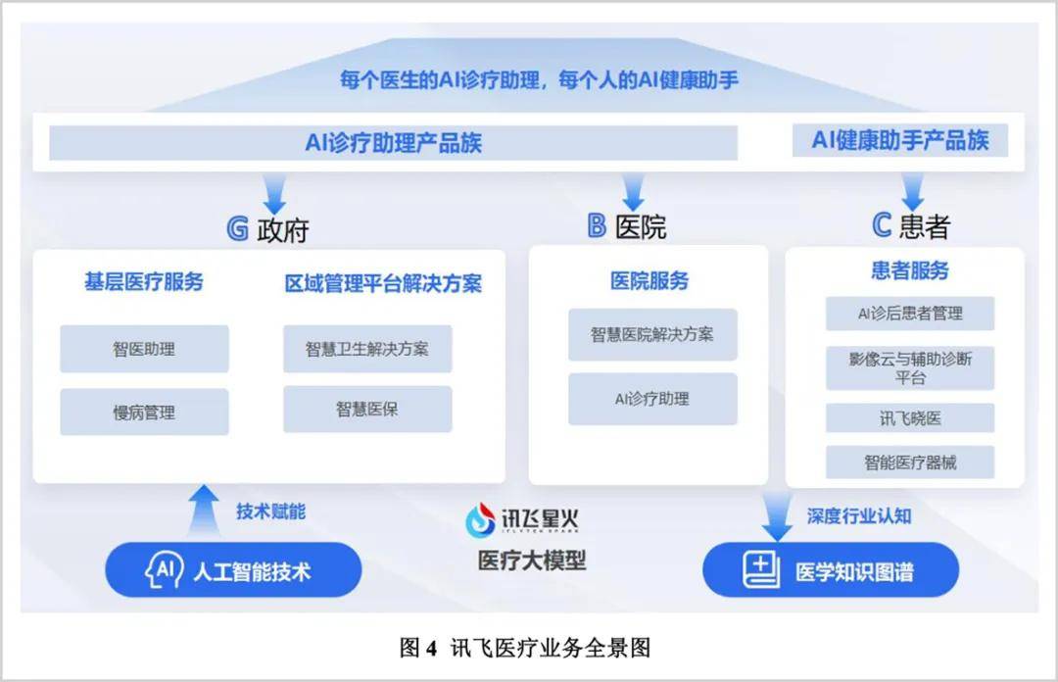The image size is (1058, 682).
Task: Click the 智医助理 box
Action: [x=144, y=349]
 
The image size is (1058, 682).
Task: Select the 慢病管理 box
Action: [x=144, y=413]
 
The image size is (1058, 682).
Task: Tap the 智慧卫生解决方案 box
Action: [x=367, y=349]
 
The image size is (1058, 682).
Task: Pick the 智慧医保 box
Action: [x=367, y=410]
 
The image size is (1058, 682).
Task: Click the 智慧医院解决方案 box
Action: [x=652, y=334]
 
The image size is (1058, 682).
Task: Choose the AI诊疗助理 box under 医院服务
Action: [x=652, y=399]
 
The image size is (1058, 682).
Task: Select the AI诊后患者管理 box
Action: [x=910, y=314]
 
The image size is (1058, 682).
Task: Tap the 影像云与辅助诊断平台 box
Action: [x=910, y=367]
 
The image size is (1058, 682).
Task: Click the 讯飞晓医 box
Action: [x=910, y=417]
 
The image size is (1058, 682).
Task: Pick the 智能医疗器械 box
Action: [x=910, y=463]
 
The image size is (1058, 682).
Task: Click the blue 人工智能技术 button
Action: [x=233, y=570]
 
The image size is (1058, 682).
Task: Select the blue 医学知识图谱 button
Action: [x=831, y=570]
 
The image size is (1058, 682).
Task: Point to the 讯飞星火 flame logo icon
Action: [x=480, y=519]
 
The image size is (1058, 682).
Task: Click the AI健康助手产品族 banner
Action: [x=900, y=141]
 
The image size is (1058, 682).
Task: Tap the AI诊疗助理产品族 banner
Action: [x=393, y=143]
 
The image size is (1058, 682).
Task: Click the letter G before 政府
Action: [x=237, y=228]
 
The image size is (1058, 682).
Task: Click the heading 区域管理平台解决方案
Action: [x=383, y=284]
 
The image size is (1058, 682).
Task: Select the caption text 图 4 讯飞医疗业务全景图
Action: [x=526, y=648]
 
